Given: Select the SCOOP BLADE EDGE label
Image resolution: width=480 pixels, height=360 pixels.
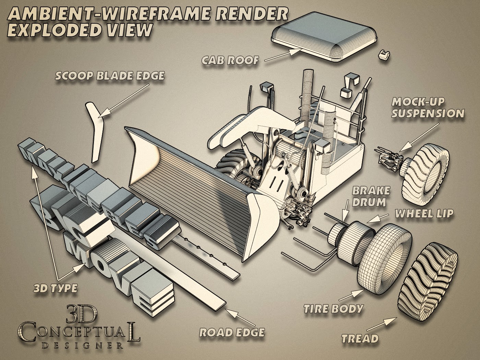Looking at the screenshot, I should point(110,76).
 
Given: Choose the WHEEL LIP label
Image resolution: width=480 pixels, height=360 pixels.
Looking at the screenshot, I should point(424,213).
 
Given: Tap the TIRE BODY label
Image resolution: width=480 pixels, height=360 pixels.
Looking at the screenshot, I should point(333,309).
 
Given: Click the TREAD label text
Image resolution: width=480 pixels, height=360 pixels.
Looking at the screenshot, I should point(360,339).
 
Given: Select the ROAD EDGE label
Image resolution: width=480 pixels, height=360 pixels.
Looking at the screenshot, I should point(232,332).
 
